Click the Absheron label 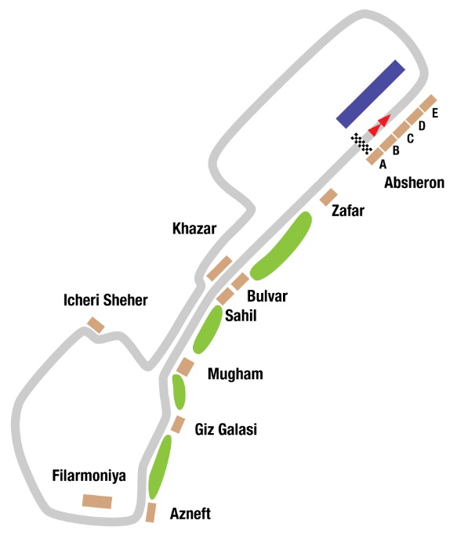coord(414,183)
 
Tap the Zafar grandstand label coord(347,211)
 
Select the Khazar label coord(194,229)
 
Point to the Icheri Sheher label coord(106,300)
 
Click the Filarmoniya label coord(89,475)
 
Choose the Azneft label coord(190,514)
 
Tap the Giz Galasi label coord(226,429)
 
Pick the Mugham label coord(235,374)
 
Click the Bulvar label coord(267,296)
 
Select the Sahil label coord(241,316)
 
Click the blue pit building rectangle coord(371,94)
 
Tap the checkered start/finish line coord(361,143)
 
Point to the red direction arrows coord(379,125)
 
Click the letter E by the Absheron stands coord(435,113)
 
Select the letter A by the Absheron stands coord(382,164)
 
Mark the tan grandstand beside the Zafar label coord(328,197)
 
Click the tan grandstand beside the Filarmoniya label coord(97,501)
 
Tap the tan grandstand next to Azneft coord(150,512)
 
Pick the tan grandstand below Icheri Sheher coord(96,325)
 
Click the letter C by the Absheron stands coord(411,138)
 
